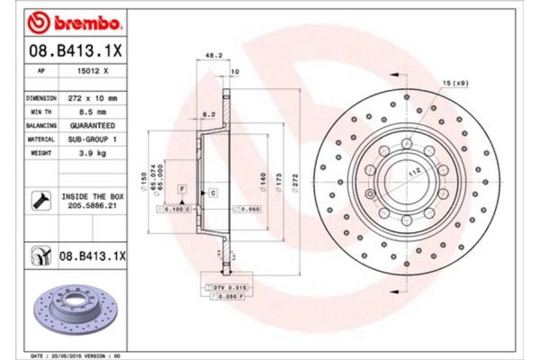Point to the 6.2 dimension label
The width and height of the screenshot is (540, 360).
[x=208, y=113]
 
